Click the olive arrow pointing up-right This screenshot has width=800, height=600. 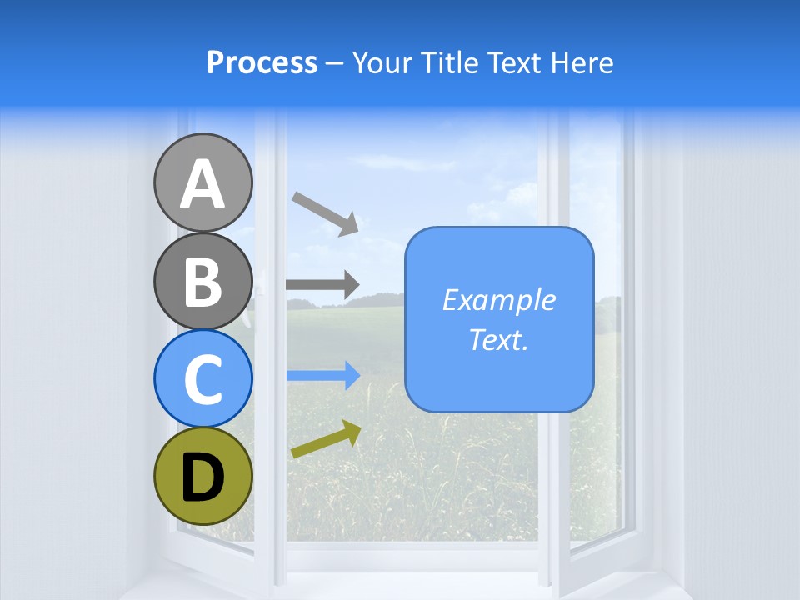click(326, 440)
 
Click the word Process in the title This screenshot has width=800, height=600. click(262, 62)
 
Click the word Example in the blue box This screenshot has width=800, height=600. click(498, 300)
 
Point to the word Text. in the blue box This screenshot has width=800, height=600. click(498, 339)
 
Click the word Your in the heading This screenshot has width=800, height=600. click(380, 62)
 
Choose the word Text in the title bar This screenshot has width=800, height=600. click(516, 62)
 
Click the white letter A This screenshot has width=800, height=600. click(203, 185)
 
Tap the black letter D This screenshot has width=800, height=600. click(203, 478)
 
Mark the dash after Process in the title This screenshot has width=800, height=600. click(334, 64)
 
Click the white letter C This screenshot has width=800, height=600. click(203, 379)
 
